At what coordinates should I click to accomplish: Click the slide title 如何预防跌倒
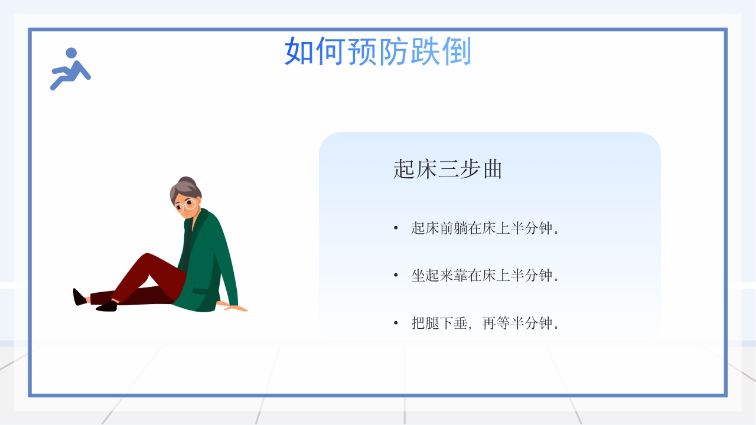[377, 52]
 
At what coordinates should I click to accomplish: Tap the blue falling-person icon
[70, 68]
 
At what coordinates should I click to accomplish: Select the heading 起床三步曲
[447, 169]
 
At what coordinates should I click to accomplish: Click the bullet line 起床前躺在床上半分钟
[484, 228]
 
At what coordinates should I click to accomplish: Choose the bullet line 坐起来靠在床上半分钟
[484, 276]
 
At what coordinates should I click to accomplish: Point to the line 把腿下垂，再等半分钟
[484, 323]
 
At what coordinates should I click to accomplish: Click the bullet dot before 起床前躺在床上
[396, 228]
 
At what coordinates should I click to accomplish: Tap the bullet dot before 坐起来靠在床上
[396, 276]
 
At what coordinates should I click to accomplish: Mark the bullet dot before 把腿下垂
[396, 323]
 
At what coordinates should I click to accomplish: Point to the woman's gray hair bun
[187, 181]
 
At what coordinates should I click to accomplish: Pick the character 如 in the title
[299, 52]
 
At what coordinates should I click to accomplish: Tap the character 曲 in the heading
[491, 169]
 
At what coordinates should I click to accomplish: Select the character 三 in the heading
[447, 169]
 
